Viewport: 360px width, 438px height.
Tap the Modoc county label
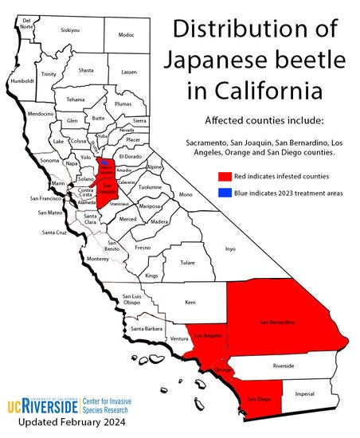[126, 35]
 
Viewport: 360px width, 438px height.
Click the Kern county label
[189, 303]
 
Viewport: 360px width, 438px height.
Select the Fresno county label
[143, 248]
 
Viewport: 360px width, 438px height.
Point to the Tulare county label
[187, 261]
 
